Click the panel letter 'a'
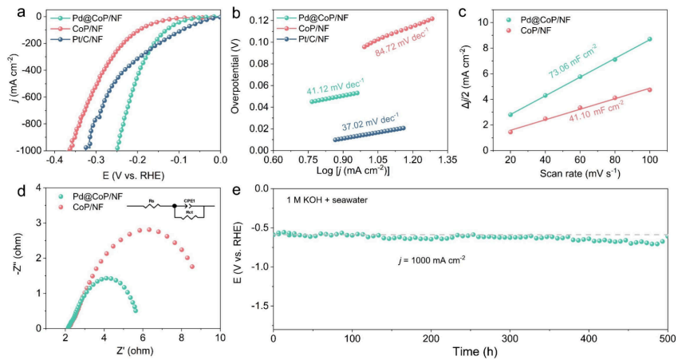click(x=9, y=10)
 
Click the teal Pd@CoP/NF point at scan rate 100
click(x=649, y=39)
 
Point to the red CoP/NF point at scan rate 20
click(x=510, y=132)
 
